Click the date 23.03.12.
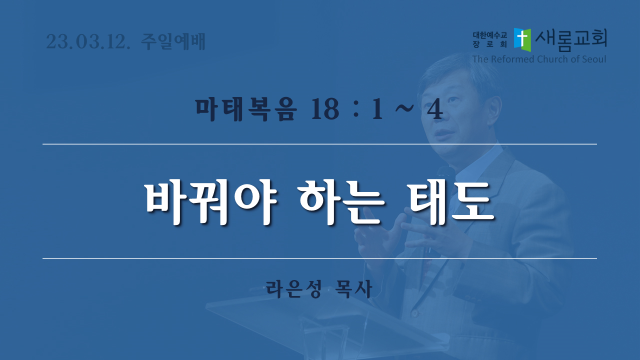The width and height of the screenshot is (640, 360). [88, 41]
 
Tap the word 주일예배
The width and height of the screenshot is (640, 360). [173, 41]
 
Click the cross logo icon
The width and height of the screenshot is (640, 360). [522, 39]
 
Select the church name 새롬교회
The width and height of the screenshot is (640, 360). [571, 39]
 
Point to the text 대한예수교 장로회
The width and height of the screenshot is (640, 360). [489, 39]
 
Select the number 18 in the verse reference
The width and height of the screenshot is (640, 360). [325, 109]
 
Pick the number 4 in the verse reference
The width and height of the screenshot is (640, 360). [435, 109]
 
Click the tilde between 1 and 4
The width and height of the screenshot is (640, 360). [404, 108]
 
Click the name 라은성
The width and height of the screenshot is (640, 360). [294, 289]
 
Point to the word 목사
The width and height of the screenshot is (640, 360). [354, 289]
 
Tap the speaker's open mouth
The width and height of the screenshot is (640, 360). [443, 133]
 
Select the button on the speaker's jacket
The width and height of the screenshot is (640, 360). [415, 313]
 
